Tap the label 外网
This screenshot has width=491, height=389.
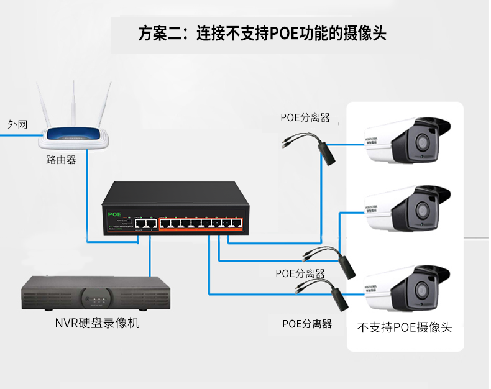pyautogui.click(x=17, y=124)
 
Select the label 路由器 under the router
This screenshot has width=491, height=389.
pyautogui.click(x=61, y=160)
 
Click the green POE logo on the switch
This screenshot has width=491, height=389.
pyautogui.click(x=114, y=214)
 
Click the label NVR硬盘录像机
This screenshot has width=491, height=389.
pyautogui.click(x=97, y=323)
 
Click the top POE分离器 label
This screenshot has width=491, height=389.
pyautogui.click(x=305, y=117)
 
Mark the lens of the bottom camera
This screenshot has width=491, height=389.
pyautogui.click(x=423, y=290)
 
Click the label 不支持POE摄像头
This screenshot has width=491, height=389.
pyautogui.click(x=405, y=327)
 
